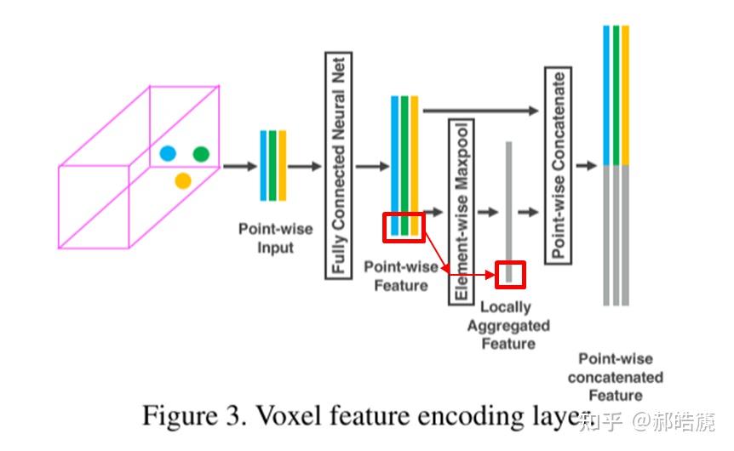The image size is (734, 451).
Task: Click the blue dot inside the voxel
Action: (x=168, y=153)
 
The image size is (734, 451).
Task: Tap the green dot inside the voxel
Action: (x=201, y=154)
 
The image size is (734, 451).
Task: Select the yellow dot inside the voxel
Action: (x=183, y=180)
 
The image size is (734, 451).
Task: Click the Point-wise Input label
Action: (x=276, y=238)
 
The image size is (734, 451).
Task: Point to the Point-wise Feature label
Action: (x=401, y=276)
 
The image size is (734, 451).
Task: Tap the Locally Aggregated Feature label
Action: (x=508, y=325)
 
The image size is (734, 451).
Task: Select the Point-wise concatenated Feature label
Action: (x=616, y=377)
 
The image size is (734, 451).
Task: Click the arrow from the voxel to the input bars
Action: (x=240, y=166)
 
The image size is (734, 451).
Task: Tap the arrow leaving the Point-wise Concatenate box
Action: (x=586, y=166)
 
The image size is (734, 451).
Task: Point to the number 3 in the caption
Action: (x=233, y=416)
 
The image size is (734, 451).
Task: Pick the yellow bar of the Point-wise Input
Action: (x=282, y=166)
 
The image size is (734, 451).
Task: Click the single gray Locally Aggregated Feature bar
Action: (x=509, y=212)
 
